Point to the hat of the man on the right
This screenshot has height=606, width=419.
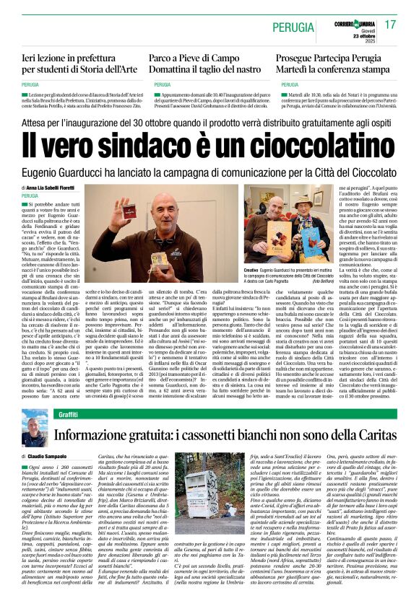(303, 201)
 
